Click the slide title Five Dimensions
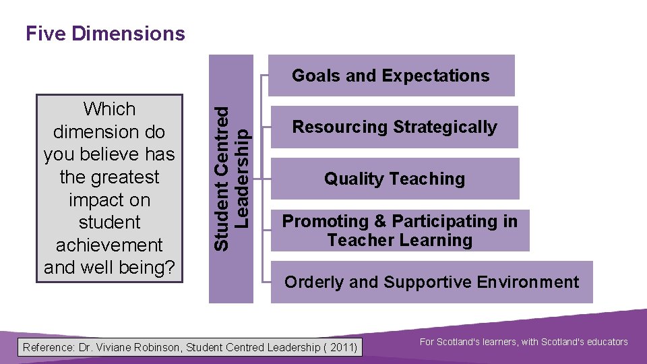(105, 33)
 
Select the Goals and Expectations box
(391, 75)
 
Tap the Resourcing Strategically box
(394, 127)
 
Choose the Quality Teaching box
(394, 179)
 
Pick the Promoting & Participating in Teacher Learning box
(400, 231)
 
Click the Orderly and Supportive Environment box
(431, 282)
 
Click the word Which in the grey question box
(109, 109)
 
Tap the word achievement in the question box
(109, 245)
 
